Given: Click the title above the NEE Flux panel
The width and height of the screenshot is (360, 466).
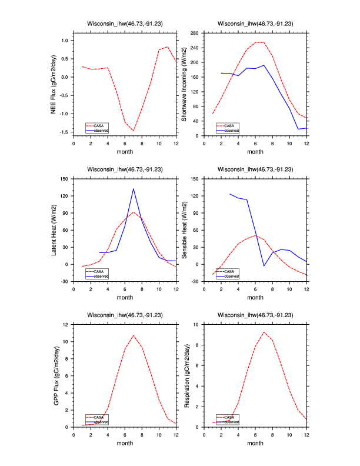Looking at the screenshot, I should [125, 24].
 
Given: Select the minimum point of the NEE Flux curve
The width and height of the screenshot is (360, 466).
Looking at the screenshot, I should [134, 131].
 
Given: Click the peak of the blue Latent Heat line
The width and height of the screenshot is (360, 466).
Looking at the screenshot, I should [134, 189].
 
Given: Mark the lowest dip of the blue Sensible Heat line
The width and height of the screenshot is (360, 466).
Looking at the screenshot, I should [264, 266].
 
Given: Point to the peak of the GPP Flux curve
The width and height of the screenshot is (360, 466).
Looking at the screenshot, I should [134, 335].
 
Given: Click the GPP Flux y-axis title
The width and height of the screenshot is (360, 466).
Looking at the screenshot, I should [54, 375].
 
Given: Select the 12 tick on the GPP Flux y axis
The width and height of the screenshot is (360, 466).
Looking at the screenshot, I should [68, 324].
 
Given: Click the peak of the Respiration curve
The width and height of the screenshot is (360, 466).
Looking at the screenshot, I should [264, 332].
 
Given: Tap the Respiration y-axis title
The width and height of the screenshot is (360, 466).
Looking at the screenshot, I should [185, 375].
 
